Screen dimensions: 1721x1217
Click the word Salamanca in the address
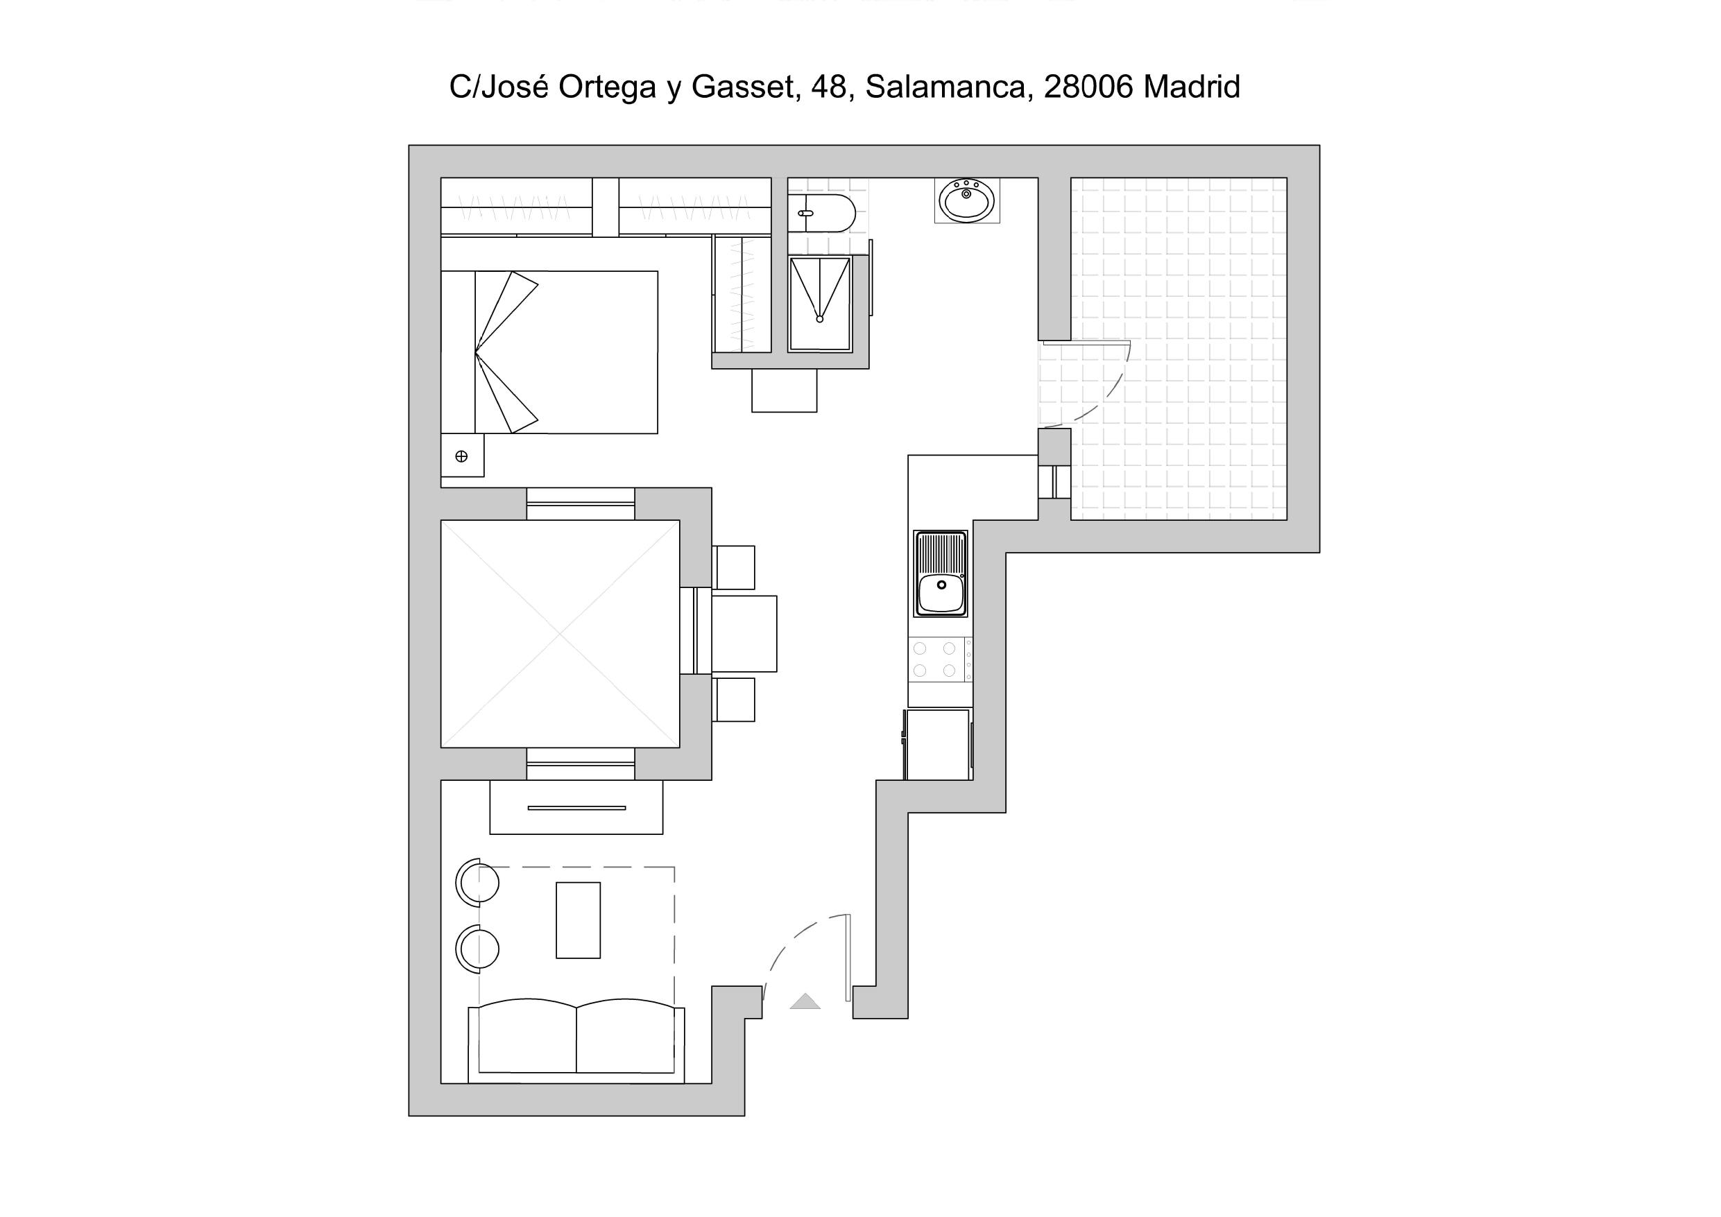pos(945,87)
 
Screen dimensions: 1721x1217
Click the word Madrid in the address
pos(1192,87)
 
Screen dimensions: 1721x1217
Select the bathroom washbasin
pos(967,200)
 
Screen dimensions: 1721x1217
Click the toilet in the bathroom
pos(821,214)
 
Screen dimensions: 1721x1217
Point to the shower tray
pos(820,304)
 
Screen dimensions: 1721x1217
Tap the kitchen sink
pos(941,574)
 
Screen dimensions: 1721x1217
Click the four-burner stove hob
pos(940,659)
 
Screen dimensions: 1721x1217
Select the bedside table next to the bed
pos(462,455)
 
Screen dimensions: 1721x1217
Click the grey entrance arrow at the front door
pos(805,1001)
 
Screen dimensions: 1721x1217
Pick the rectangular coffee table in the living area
pos(578,920)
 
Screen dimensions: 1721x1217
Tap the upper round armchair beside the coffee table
pos(477,882)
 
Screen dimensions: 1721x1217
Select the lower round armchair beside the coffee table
pos(477,949)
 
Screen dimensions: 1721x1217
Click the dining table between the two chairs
pos(744,634)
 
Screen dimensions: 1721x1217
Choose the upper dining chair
pos(733,567)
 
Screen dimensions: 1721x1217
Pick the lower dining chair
pos(733,700)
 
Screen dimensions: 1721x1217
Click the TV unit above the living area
pos(576,807)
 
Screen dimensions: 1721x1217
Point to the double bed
pos(549,352)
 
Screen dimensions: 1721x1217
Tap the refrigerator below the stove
pos(938,744)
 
